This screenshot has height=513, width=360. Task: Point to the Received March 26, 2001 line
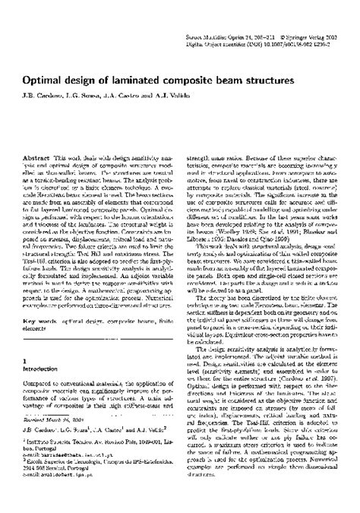pyautogui.click(x=58, y=441)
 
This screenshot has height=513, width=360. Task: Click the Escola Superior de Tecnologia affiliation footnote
pyautogui.click(x=99, y=484)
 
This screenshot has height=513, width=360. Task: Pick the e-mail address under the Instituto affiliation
pyautogui.click(x=68, y=477)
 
